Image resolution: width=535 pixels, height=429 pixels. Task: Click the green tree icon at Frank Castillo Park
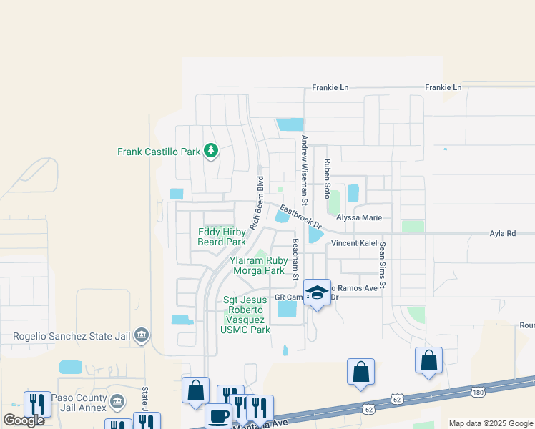(x=210, y=150)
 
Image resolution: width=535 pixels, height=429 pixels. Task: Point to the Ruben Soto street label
(x=327, y=179)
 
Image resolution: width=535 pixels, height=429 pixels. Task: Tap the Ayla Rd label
(x=502, y=233)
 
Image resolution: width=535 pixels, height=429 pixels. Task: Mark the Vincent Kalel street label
(x=354, y=244)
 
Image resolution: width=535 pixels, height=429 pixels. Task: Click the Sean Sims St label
(x=383, y=265)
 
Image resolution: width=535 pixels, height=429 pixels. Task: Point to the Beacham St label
(x=294, y=257)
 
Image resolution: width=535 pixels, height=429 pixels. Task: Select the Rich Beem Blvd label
(x=256, y=203)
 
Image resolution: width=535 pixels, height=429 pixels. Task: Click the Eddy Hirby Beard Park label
(x=222, y=237)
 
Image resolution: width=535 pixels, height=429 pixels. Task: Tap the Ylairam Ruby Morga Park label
(x=257, y=266)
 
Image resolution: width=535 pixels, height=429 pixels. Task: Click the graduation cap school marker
(x=318, y=293)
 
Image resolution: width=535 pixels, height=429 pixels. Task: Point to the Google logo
(x=24, y=420)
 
